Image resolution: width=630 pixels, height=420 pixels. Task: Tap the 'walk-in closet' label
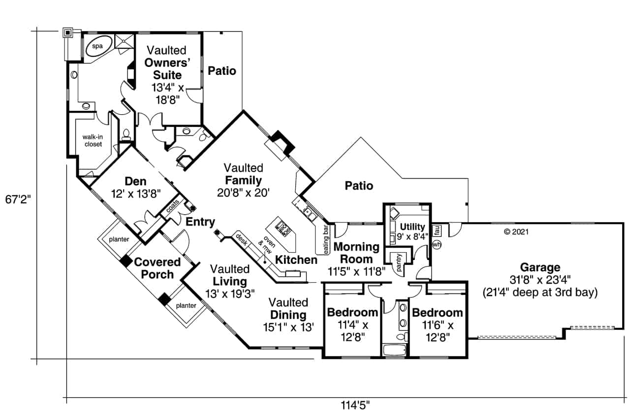92,140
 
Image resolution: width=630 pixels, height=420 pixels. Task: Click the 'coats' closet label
172,206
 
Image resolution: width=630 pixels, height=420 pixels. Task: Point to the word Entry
200,222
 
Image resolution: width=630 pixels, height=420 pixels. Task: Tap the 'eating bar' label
325,240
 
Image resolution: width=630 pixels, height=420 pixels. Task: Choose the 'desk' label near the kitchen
241,240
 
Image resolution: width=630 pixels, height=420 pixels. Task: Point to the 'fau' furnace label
437,230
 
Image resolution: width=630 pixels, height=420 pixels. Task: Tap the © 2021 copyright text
516,231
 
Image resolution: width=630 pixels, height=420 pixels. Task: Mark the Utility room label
412,226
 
